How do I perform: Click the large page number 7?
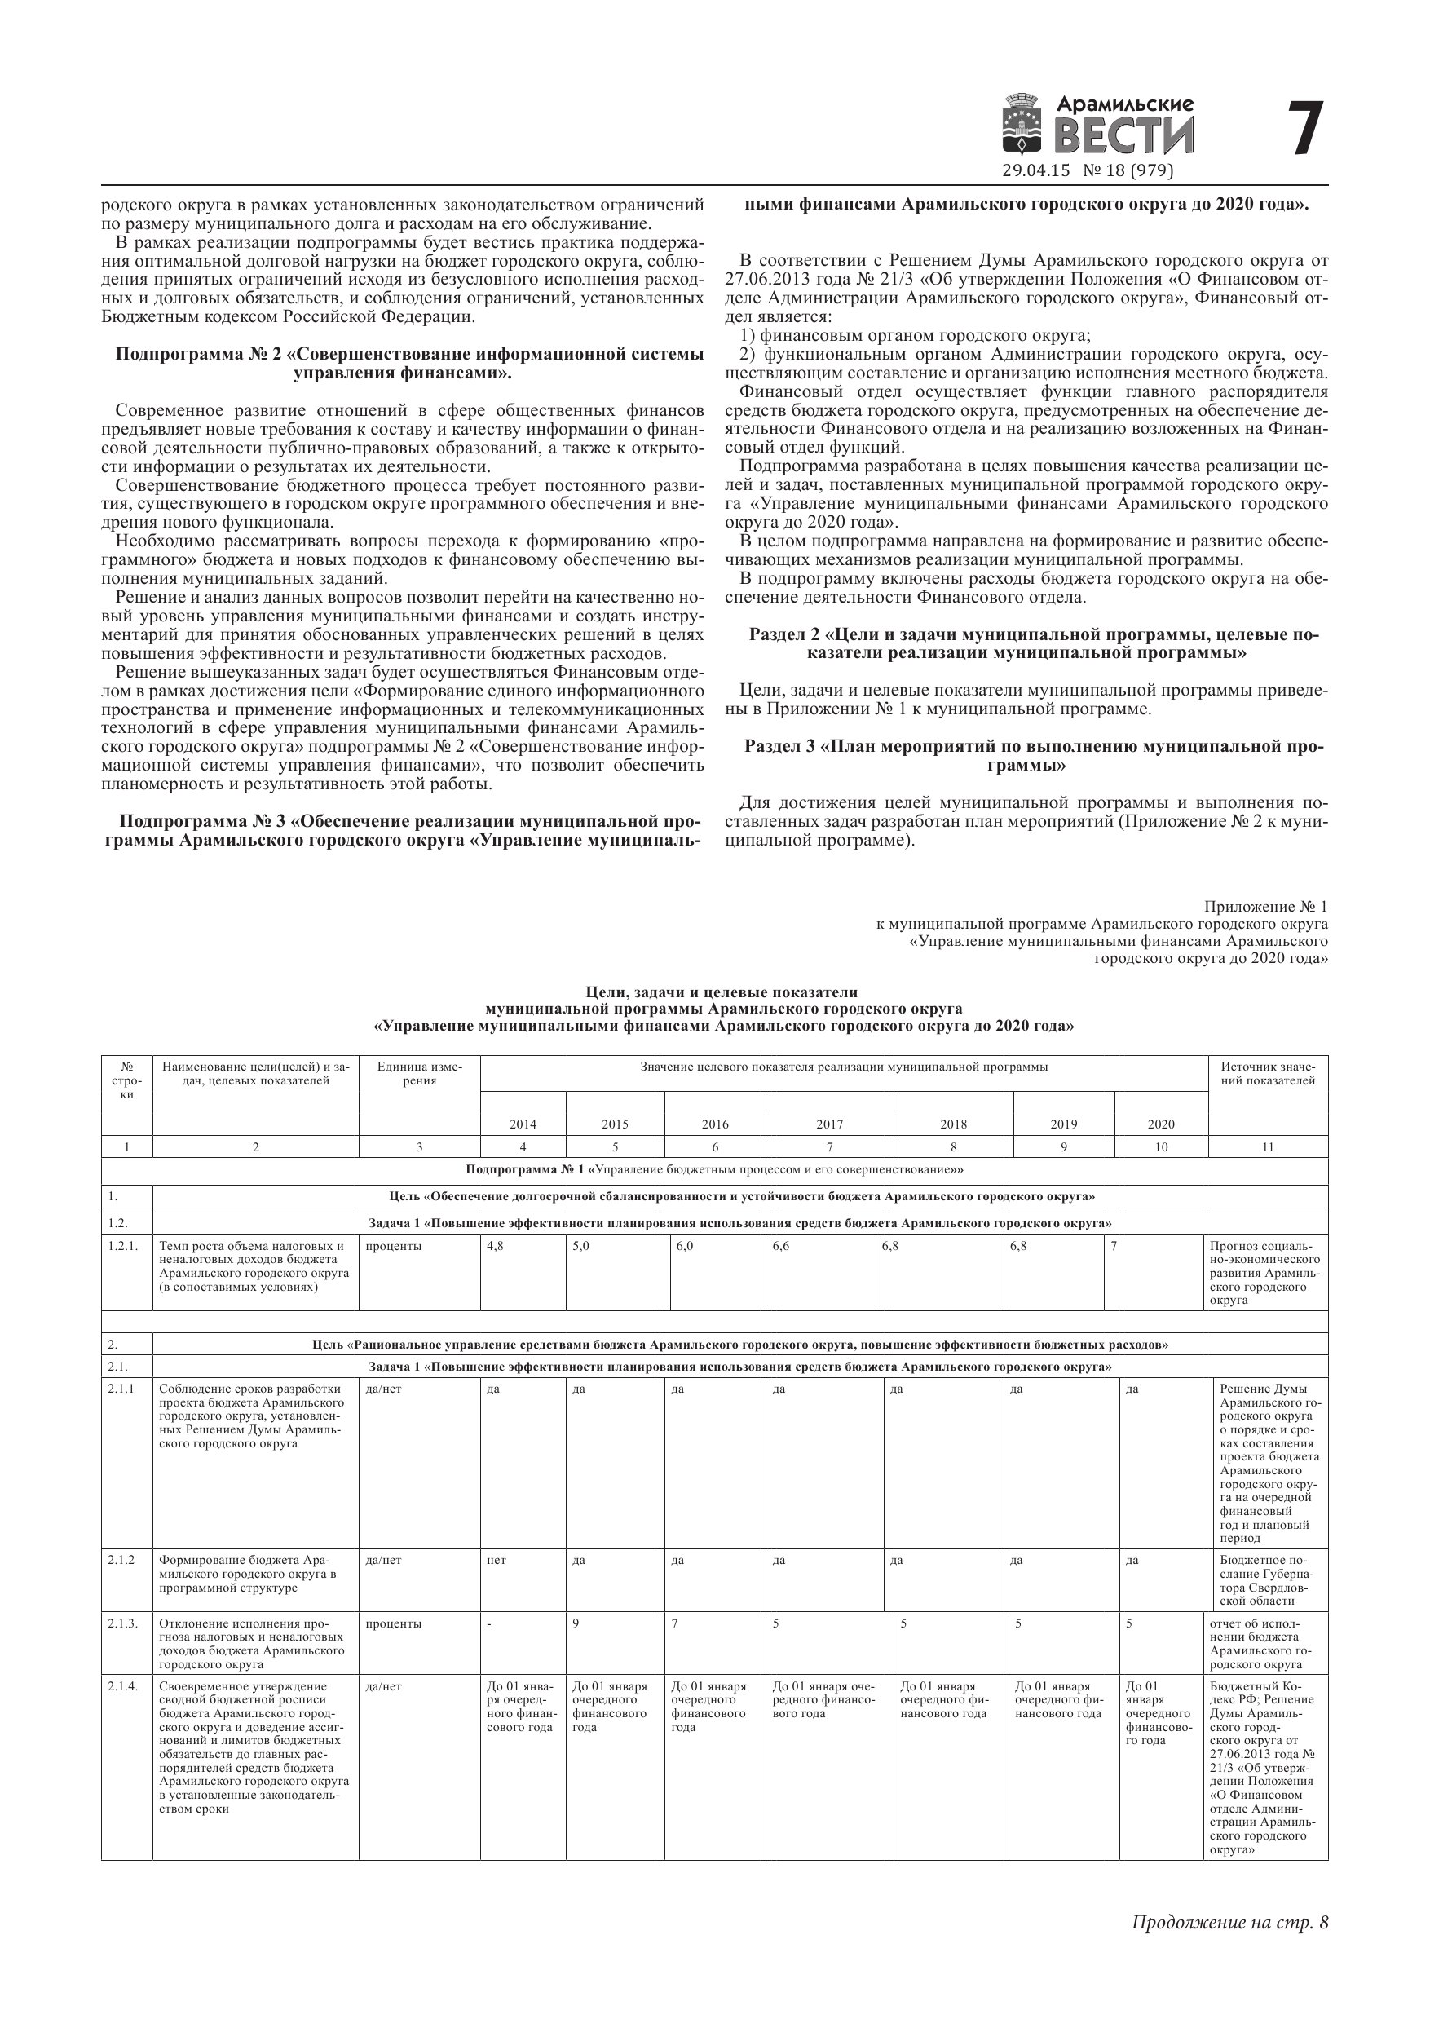tap(1305, 129)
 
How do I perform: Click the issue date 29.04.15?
tap(1035, 171)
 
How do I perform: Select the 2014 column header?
tap(523, 1124)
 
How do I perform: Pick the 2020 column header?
tap(1160, 1124)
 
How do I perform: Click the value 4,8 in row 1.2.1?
tap(495, 1247)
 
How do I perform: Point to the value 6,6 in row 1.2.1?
tap(781, 1247)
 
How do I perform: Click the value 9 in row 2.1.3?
tap(576, 1623)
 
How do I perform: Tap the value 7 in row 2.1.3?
tap(674, 1623)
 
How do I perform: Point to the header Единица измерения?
tap(419, 1074)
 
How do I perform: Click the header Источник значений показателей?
tap(1267, 1074)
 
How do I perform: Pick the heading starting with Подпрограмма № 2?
tap(410, 364)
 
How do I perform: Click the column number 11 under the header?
tap(1267, 1147)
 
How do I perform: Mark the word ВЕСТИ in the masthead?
tap(1125, 135)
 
